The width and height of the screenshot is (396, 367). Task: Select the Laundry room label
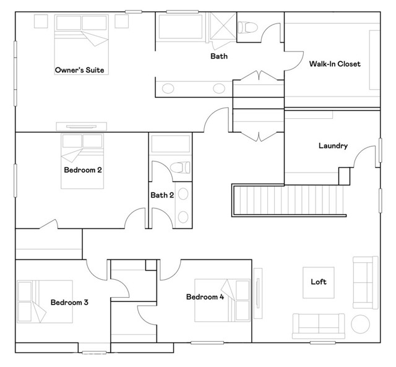click(333, 146)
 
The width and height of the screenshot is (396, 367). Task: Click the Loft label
click(318, 282)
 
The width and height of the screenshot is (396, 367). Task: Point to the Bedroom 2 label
click(82, 169)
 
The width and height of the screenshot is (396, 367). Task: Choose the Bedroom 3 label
click(69, 303)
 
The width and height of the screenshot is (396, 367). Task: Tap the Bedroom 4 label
click(205, 297)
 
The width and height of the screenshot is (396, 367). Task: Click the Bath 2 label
click(162, 195)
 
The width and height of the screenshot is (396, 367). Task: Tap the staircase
click(288, 199)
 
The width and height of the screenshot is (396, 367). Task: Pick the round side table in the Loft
click(359, 323)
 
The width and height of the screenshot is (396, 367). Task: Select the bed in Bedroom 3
click(43, 301)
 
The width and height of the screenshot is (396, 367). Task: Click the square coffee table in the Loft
click(318, 282)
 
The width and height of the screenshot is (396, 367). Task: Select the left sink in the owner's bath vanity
click(168, 89)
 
